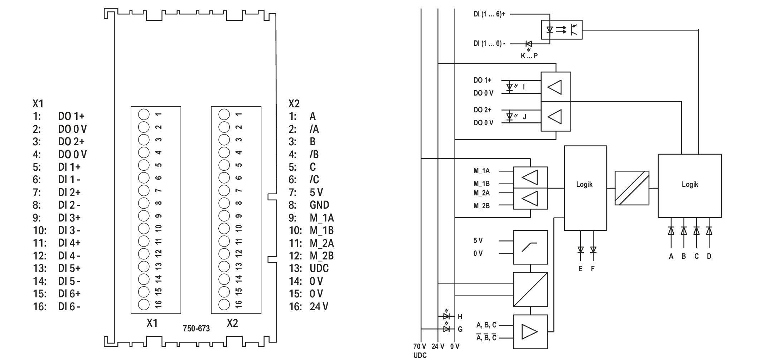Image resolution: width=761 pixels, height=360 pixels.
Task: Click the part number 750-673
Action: click(196, 329)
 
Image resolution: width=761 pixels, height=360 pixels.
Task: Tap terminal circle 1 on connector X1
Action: click(144, 115)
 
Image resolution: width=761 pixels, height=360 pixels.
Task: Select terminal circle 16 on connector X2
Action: click(224, 305)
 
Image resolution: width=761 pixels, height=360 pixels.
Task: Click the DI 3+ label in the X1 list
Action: click(69, 218)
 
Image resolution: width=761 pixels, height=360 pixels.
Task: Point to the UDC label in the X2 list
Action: click(319, 268)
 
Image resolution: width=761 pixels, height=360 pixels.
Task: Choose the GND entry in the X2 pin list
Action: click(319, 205)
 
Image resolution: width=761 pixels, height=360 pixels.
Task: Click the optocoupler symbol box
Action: click(561, 30)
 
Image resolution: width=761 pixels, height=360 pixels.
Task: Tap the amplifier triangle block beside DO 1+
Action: click(556, 87)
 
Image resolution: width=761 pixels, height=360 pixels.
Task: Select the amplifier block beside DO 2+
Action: click(556, 116)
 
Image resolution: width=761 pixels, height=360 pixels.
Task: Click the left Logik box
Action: click(585, 188)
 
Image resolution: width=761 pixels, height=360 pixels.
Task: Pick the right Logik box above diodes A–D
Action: click(690, 186)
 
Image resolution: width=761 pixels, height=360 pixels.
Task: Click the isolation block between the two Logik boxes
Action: click(632, 188)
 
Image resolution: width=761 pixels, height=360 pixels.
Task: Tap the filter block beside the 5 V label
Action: click(530, 247)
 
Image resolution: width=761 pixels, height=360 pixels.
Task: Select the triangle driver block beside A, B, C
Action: click(530, 332)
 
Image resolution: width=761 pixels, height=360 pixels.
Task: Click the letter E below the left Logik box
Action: click(581, 269)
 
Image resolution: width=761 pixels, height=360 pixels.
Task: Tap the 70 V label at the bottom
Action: click(420, 346)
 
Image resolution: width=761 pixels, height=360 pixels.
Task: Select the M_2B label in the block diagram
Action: click(481, 206)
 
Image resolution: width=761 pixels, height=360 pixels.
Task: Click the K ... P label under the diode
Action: click(529, 56)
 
